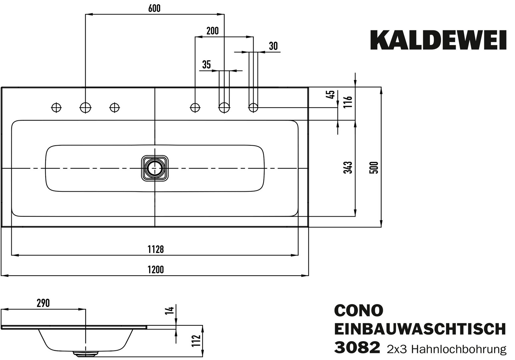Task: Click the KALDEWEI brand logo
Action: pyautogui.click(x=438, y=40)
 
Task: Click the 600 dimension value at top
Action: pyautogui.click(x=154, y=9)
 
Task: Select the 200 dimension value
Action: pyautogui.click(x=213, y=31)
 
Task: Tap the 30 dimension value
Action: pyautogui.click(x=273, y=46)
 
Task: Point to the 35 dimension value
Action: pyautogui.click(x=207, y=65)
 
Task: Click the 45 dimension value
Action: pyautogui.click(x=331, y=95)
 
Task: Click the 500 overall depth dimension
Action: pyautogui.click(x=374, y=167)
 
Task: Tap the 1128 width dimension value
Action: pyautogui.click(x=156, y=249)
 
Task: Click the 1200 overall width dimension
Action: pyautogui.click(x=156, y=269)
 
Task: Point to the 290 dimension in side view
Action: pyautogui.click(x=43, y=303)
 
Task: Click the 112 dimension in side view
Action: pyautogui.click(x=197, y=341)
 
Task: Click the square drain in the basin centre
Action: pyautogui.click(x=154, y=168)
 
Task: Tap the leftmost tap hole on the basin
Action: pyautogui.click(x=56, y=107)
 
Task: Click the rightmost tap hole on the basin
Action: pyautogui.click(x=253, y=107)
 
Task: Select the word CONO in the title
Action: pyautogui.click(x=358, y=311)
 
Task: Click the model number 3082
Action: pyautogui.click(x=357, y=348)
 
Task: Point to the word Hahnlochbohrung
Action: pyautogui.click(x=459, y=349)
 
